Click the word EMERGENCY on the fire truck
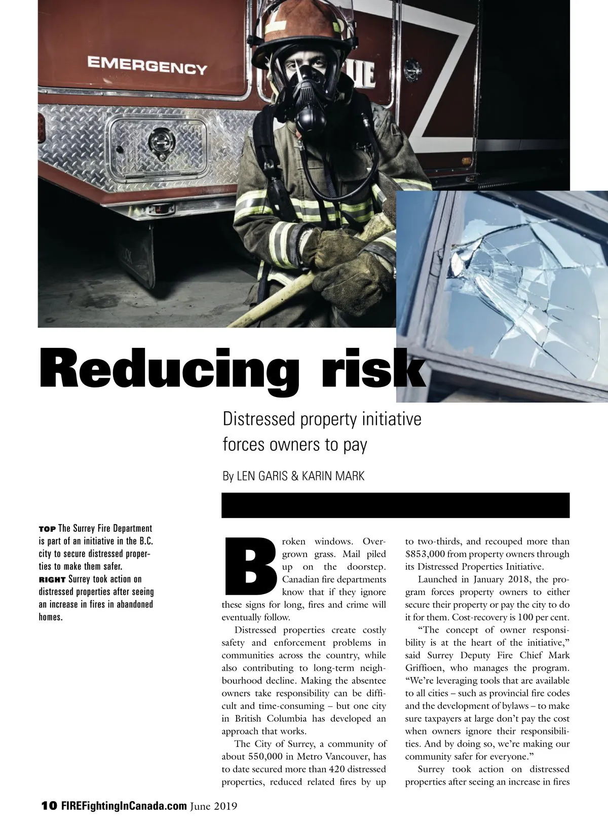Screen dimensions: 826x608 pos(147,65)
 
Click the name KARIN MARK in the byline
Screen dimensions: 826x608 pos(333,477)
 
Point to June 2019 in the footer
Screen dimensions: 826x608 pos(214,806)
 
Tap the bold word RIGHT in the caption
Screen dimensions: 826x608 pos(52,579)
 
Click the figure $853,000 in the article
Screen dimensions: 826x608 pos(425,554)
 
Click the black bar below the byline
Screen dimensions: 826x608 pos(395,505)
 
